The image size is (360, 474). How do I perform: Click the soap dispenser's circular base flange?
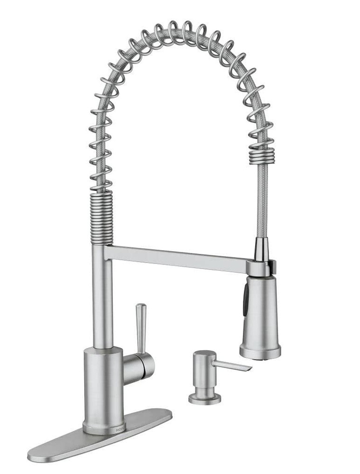click(204, 399)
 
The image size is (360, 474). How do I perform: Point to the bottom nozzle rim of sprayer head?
click(259, 352)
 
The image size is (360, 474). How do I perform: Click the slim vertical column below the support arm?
click(102, 303)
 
